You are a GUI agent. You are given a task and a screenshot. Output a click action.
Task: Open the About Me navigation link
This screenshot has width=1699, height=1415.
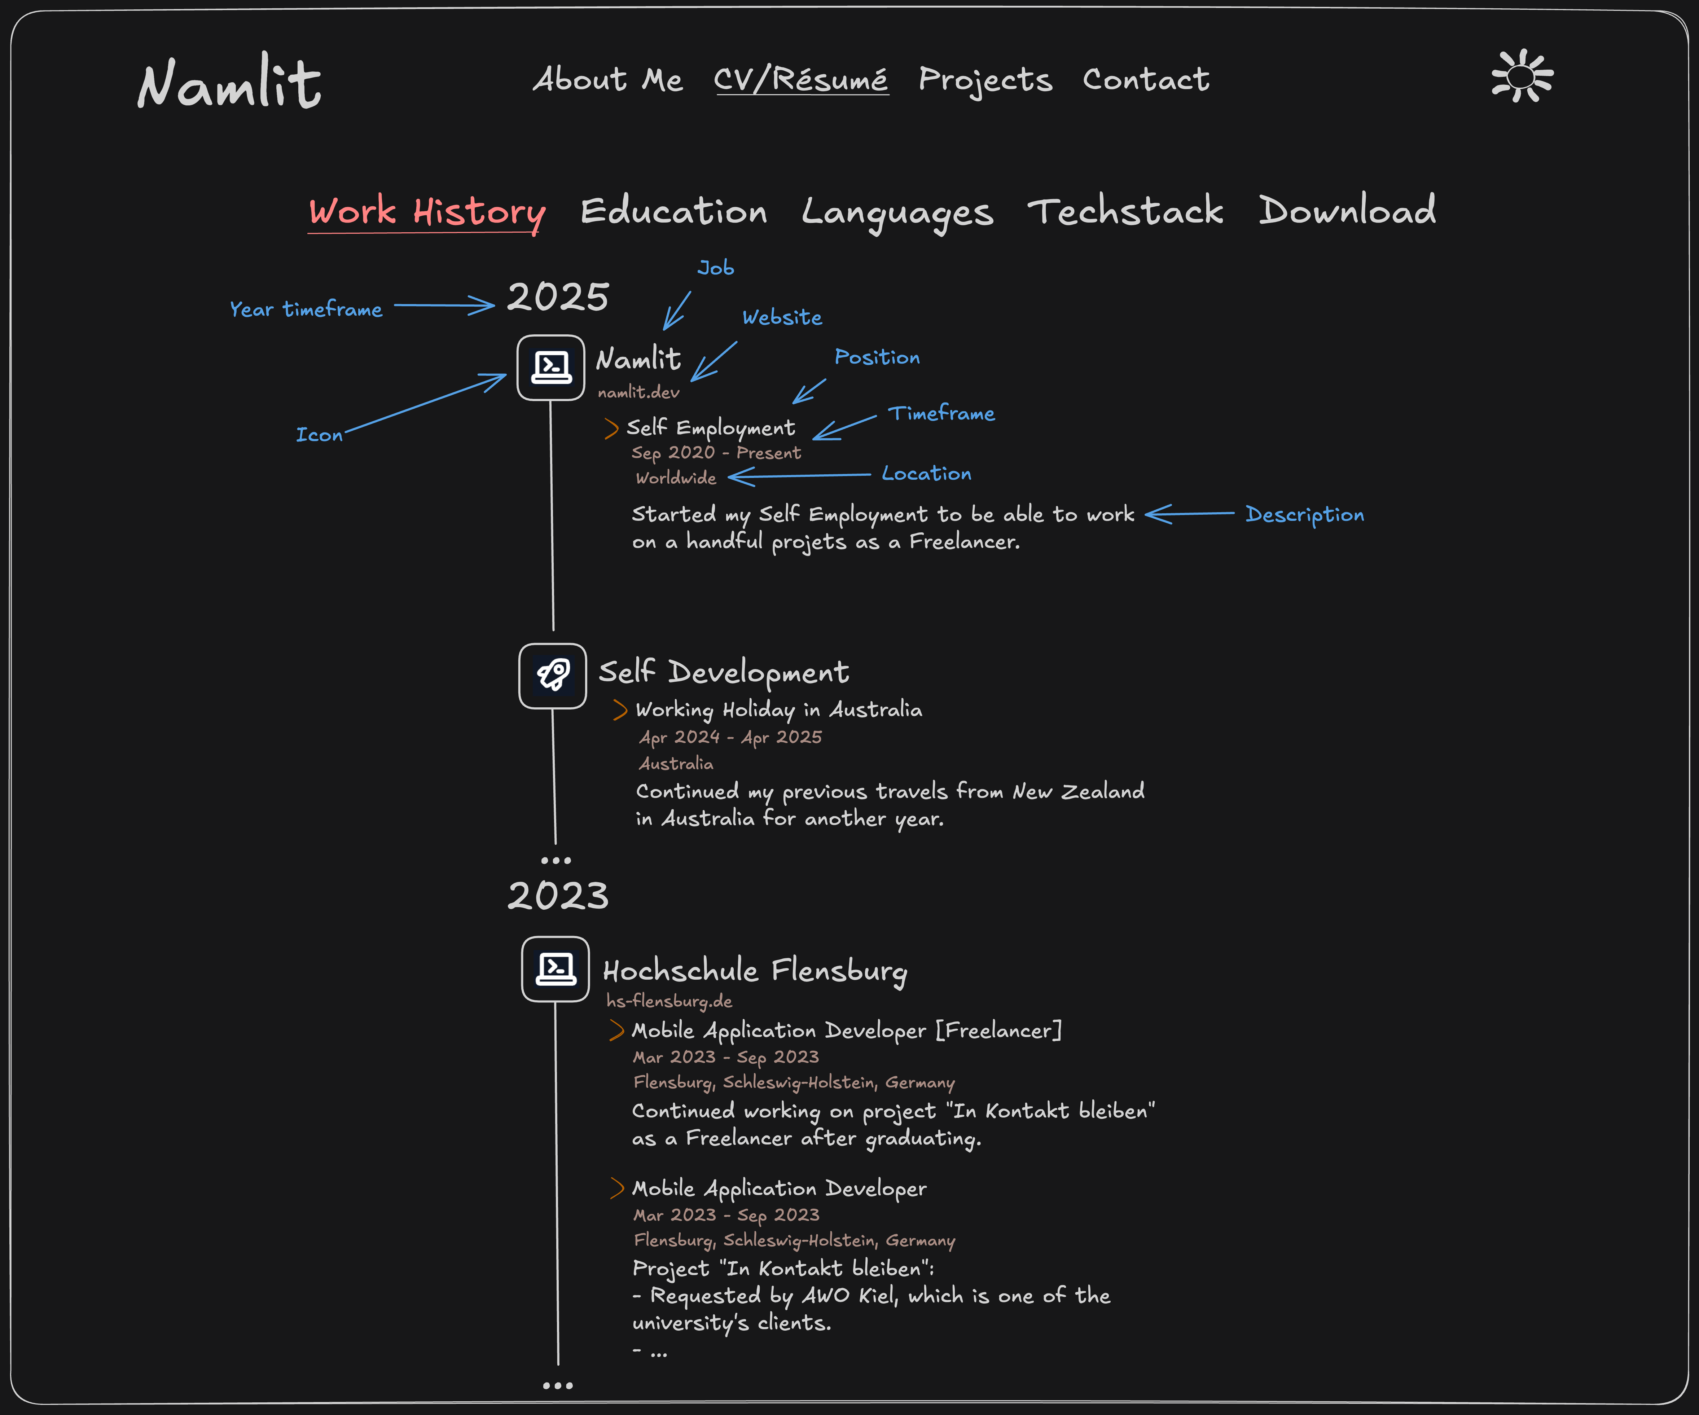(x=607, y=79)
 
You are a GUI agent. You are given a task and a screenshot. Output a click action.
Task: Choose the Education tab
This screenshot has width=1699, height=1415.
(x=674, y=211)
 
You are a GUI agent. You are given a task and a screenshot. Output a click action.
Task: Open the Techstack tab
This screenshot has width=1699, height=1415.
(x=1125, y=210)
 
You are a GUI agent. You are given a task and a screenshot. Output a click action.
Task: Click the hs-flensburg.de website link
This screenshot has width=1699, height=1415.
(x=669, y=1001)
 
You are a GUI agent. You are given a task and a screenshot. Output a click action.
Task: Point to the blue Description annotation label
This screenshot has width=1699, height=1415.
(x=1304, y=515)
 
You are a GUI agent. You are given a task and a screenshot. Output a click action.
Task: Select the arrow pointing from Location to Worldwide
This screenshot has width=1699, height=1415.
(x=799, y=476)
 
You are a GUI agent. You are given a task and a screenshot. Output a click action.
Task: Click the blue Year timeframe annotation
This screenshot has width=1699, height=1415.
(x=306, y=309)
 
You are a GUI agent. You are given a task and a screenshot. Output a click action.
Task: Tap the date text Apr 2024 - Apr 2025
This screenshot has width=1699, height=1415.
(x=730, y=737)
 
